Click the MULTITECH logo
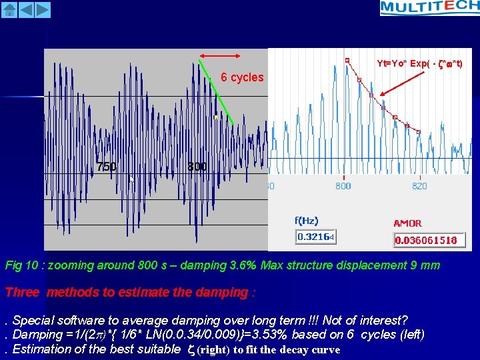429,8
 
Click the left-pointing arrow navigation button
26,9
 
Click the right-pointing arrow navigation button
42,9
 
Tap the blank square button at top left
9,9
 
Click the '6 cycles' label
242,77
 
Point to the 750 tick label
107,167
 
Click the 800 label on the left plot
197,167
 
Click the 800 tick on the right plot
343,187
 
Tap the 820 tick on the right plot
419,187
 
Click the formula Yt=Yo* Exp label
419,64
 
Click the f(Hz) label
307,221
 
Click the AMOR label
407,223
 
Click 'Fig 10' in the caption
20,265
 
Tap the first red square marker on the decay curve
347,61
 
